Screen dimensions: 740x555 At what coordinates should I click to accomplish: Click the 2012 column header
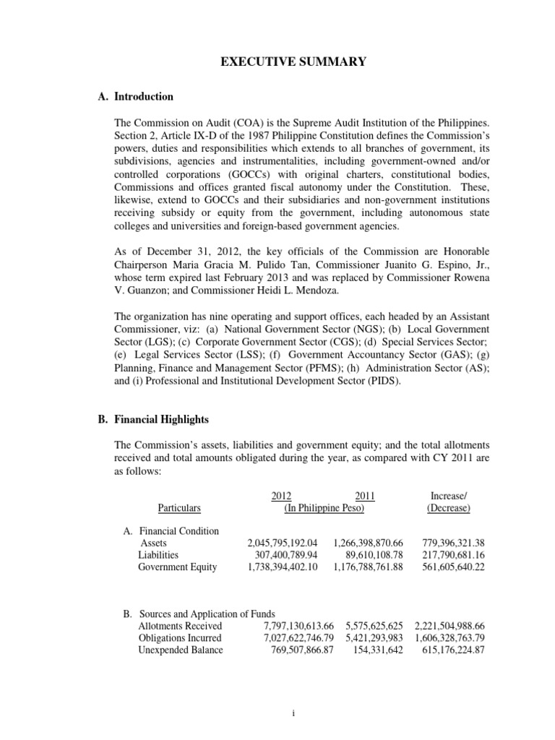point(281,495)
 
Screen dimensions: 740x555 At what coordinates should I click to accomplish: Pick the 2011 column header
point(365,495)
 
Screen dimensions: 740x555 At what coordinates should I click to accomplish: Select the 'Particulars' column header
point(178,508)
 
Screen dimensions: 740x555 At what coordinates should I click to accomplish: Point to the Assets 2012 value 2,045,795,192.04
point(283,542)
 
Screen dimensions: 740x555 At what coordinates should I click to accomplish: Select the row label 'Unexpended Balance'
point(181,650)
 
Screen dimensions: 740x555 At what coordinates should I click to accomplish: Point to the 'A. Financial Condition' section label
point(171,530)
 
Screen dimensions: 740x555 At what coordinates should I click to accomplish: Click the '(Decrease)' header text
point(448,508)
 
